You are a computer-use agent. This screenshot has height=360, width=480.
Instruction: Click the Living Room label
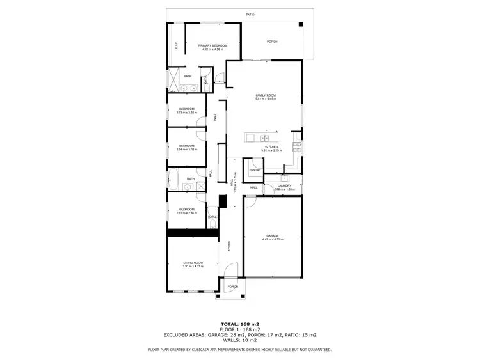click(x=193, y=262)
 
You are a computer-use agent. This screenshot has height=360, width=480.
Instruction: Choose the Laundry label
click(x=284, y=185)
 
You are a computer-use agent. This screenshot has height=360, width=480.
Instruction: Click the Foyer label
click(x=229, y=246)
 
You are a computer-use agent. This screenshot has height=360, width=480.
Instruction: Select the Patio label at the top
click(x=250, y=14)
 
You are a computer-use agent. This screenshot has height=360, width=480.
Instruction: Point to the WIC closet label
click(x=176, y=45)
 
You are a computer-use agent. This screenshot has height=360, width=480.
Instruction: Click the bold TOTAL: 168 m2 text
click(x=239, y=325)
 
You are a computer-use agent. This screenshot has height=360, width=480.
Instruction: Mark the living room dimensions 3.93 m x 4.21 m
click(x=193, y=266)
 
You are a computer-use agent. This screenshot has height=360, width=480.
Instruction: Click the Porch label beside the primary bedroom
click(x=271, y=42)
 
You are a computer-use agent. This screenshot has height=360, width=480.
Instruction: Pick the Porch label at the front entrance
click(x=233, y=286)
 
